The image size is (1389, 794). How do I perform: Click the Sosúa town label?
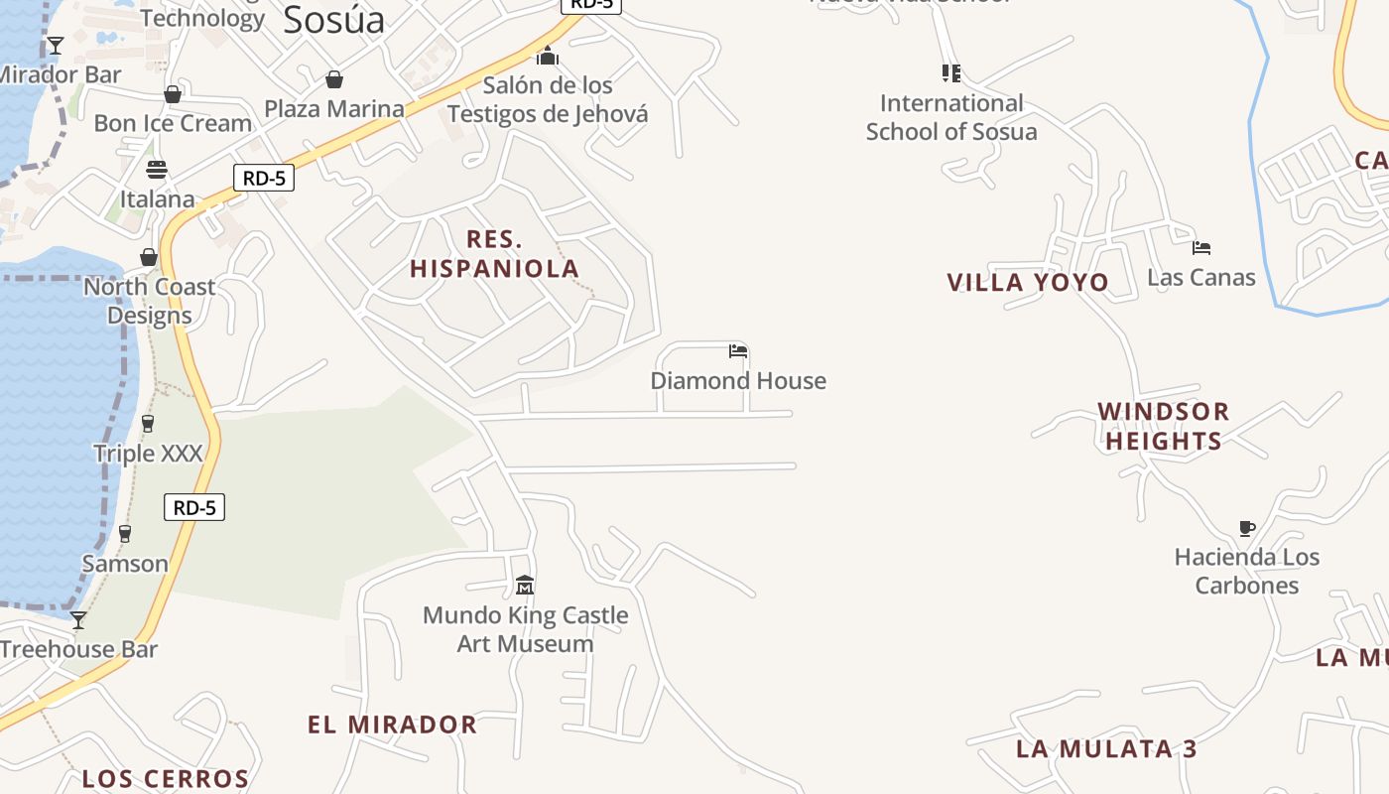click(333, 20)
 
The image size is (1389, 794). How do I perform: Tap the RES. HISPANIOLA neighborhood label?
click(494, 254)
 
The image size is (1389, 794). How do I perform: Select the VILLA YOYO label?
click(1028, 283)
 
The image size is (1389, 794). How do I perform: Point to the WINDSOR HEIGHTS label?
click(1163, 426)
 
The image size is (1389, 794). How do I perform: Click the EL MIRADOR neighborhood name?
click(392, 725)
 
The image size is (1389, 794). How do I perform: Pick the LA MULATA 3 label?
click(1106, 748)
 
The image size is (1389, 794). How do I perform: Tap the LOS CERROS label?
click(165, 779)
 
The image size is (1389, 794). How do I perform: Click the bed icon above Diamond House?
click(737, 351)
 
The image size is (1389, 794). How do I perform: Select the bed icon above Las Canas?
click(1201, 247)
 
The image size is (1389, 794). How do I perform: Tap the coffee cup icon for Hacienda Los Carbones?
click(1247, 528)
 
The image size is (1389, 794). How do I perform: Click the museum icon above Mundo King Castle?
click(525, 586)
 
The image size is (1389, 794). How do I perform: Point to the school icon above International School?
click(950, 73)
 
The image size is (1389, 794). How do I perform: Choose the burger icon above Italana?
click(157, 169)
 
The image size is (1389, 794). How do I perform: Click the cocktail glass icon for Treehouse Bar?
click(78, 620)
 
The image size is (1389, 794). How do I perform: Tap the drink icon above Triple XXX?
click(148, 424)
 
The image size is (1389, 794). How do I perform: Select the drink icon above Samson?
click(125, 534)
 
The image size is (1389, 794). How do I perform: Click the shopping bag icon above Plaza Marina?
click(334, 79)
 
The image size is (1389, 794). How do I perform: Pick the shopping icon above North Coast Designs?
click(149, 258)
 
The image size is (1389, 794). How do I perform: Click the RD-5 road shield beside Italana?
click(264, 179)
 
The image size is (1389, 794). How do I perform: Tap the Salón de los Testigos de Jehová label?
click(548, 99)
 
